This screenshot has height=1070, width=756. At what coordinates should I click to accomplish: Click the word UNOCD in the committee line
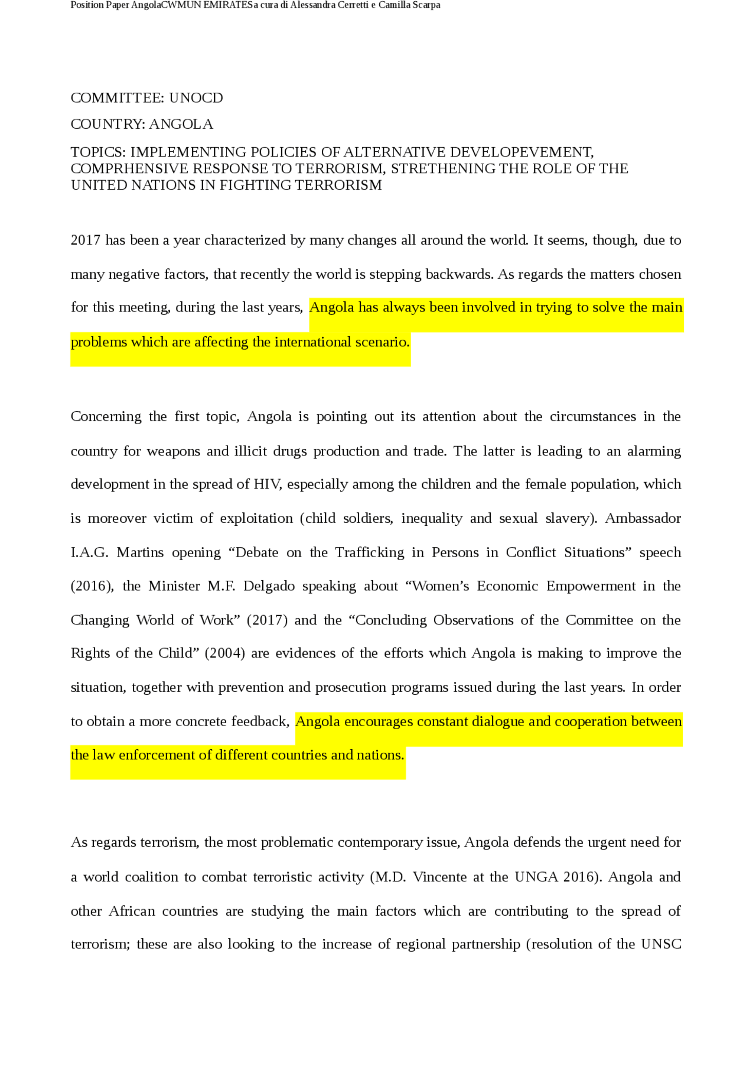pos(195,98)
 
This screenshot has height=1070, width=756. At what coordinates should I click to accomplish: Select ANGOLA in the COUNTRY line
pos(181,124)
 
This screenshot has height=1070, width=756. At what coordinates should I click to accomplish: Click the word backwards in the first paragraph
pos(460,274)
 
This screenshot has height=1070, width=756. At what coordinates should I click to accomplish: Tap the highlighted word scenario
pos(382,342)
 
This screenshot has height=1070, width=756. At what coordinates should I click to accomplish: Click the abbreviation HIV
pos(268,484)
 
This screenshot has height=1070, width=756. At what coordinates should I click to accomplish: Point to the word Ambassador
pos(643,518)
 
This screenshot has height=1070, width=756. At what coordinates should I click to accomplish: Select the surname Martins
pos(140,552)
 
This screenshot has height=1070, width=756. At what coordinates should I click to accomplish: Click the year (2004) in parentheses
pos(224,653)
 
